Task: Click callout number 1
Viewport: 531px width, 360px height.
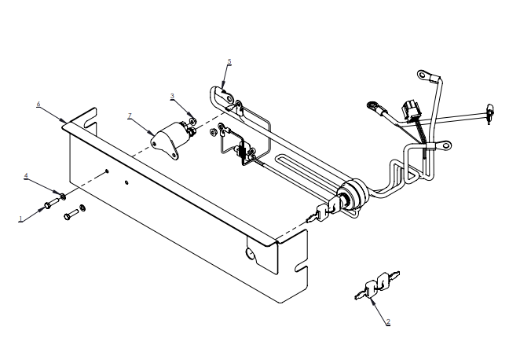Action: [x=20, y=219]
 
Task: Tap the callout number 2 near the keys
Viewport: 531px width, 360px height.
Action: [x=388, y=321]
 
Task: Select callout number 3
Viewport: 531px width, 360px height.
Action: [x=172, y=96]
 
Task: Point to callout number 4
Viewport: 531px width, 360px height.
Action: [x=26, y=175]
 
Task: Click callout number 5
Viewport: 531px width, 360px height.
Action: [x=229, y=61]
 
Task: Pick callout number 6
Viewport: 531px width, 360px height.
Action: [x=38, y=104]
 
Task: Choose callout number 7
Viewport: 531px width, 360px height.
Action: [x=130, y=116]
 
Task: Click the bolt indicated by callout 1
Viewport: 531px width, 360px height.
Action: [x=52, y=204]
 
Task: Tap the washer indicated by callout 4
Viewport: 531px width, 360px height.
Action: [x=63, y=196]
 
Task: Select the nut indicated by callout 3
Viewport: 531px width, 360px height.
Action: [x=192, y=121]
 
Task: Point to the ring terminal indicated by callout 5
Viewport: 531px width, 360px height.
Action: [x=228, y=97]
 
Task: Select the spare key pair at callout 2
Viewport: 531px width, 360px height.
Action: [x=377, y=286]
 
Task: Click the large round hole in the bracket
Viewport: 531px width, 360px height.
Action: [x=251, y=253]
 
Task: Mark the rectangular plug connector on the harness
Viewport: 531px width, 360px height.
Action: [x=411, y=111]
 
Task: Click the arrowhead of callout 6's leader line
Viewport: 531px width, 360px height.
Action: [x=64, y=120]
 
